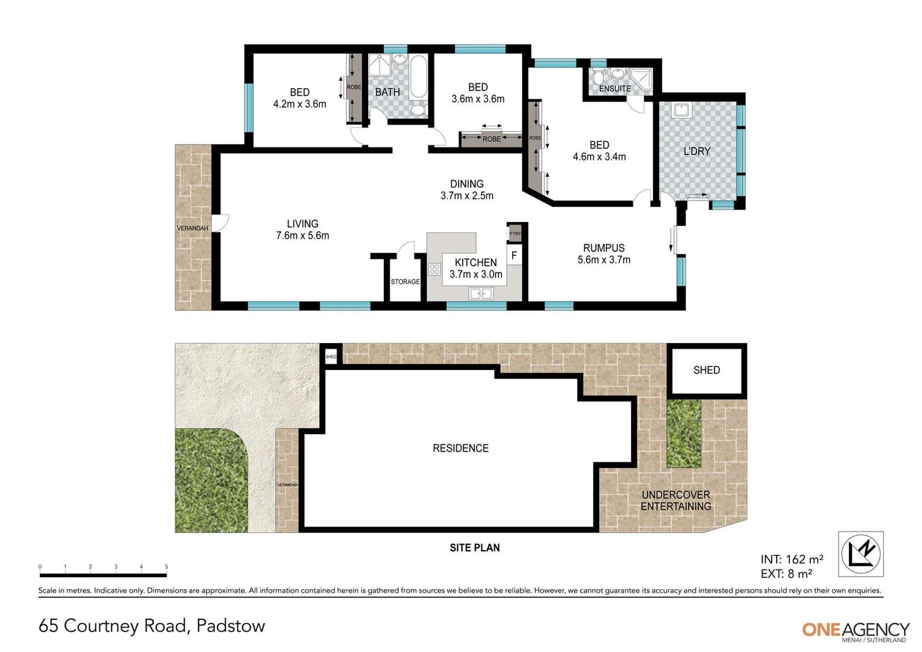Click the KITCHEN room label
[x=475, y=263]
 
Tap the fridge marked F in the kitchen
[x=514, y=256]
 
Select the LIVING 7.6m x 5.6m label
[x=302, y=230]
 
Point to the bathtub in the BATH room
[x=418, y=77]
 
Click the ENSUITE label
[x=614, y=89]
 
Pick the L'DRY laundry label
[x=696, y=152]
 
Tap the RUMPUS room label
[x=603, y=248]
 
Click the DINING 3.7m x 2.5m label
[x=466, y=190]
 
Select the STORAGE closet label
[x=405, y=282]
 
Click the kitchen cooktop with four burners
[x=434, y=269]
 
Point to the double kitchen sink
[x=481, y=293]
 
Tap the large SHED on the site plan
[x=706, y=370]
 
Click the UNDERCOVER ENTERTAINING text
[x=675, y=500]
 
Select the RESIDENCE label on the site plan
[x=460, y=448]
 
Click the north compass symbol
[x=861, y=554]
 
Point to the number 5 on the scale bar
[x=167, y=567]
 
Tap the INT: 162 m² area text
[x=792, y=560]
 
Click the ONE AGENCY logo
[x=855, y=630]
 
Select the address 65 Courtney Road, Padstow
[x=151, y=626]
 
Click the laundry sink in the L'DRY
[x=681, y=110]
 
